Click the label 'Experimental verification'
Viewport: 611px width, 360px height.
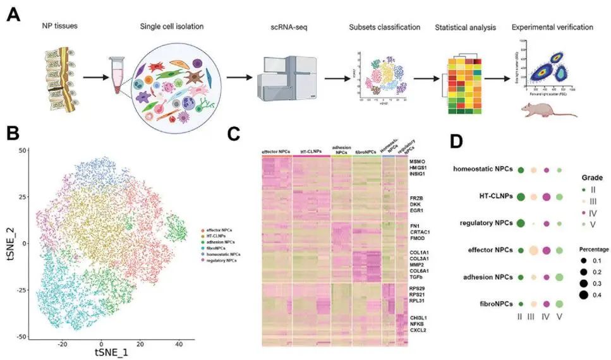[x=552, y=28]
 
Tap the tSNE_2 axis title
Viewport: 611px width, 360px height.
[x=9, y=242]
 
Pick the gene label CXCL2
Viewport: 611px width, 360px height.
[x=420, y=330]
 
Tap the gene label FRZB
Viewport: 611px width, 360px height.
[x=417, y=198]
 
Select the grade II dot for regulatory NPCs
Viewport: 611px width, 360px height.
[x=521, y=223]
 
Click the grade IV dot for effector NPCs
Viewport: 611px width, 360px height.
[x=547, y=250]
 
